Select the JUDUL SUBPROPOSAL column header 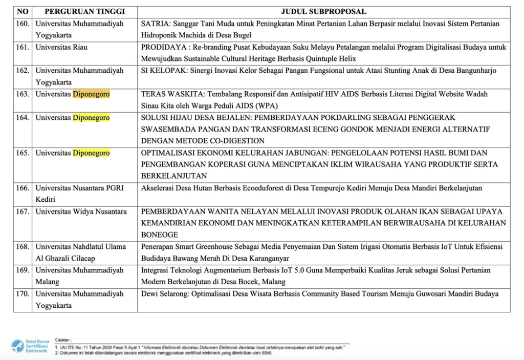pyautogui.click(x=323, y=11)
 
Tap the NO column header pyautogui.click(x=23, y=11)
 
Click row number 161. pyautogui.click(x=23, y=47)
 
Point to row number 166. pyautogui.click(x=23, y=188)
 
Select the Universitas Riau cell pyautogui.click(x=61, y=47)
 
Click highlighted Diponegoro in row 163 pyautogui.click(x=91, y=94)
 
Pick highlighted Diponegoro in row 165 pyautogui.click(x=91, y=153)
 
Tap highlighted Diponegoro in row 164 pyautogui.click(x=91, y=118)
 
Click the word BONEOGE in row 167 pyautogui.click(x=159, y=235)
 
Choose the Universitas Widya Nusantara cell pyautogui.click(x=81, y=211)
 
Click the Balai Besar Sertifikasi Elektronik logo pyautogui.click(x=30, y=347)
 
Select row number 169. pyautogui.click(x=23, y=270)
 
